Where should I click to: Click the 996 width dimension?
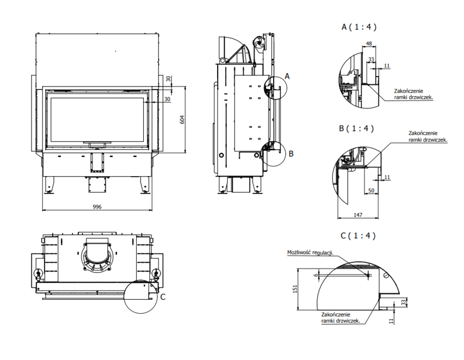[97, 207]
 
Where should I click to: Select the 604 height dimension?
[182, 119]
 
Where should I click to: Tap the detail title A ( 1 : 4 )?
[359, 27]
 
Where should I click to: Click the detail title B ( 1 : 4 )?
[357, 128]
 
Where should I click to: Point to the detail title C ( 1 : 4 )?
[358, 235]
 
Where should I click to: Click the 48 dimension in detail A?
[369, 44]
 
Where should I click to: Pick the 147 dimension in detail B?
[358, 215]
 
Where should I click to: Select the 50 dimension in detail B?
[371, 191]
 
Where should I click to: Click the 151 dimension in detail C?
[295, 289]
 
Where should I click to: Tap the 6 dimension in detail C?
[316, 275]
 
